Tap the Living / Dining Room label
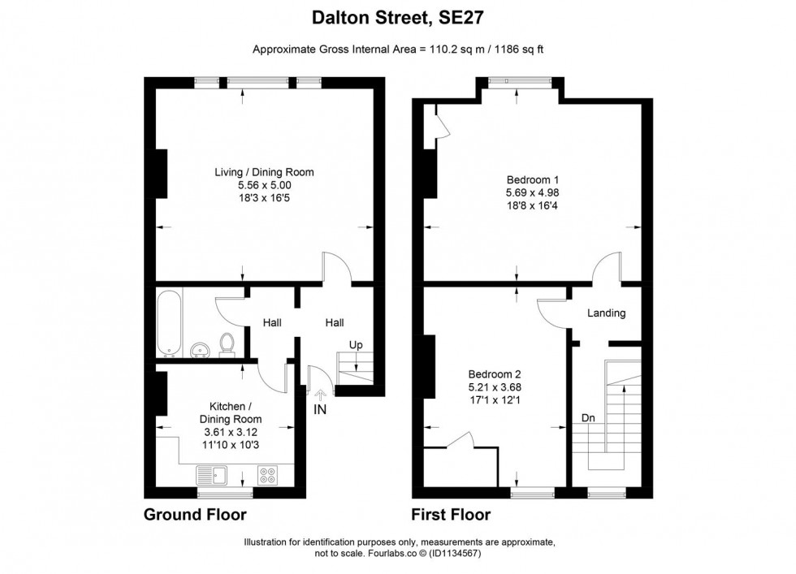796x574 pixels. pyautogui.click(x=264, y=172)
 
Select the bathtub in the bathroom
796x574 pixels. pyautogui.click(x=170, y=322)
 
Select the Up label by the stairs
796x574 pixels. pyautogui.click(x=355, y=345)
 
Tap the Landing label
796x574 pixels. pyautogui.click(x=606, y=313)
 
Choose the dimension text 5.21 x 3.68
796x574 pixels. pyautogui.click(x=494, y=387)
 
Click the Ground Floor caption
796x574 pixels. pyautogui.click(x=195, y=515)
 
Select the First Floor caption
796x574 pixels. pyautogui.click(x=451, y=515)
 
